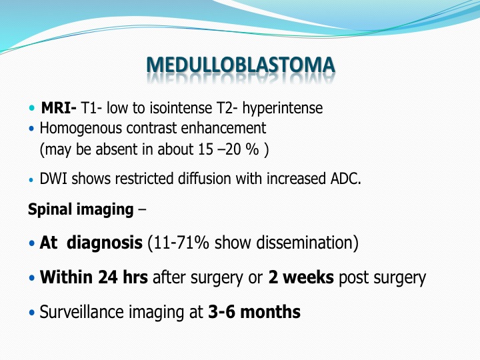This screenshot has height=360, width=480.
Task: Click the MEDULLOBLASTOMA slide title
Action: click(x=241, y=65)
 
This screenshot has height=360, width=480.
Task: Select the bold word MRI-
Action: click(x=59, y=108)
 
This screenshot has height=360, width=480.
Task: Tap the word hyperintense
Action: click(x=283, y=109)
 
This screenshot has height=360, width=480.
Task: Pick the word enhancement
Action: click(x=223, y=128)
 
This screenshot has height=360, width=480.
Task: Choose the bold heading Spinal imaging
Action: click(x=81, y=210)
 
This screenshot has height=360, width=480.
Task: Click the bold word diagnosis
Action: click(x=105, y=243)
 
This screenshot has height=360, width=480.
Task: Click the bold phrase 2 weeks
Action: click(x=301, y=277)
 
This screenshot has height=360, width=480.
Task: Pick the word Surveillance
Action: click(x=82, y=312)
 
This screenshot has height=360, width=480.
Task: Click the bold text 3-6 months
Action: click(x=255, y=312)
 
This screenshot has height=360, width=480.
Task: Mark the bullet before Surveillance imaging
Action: click(x=32, y=313)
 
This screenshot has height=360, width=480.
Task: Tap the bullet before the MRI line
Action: click(x=32, y=108)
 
